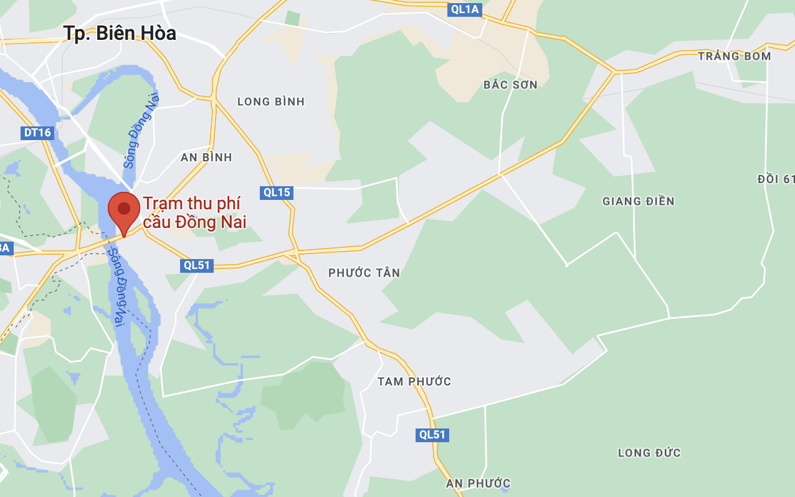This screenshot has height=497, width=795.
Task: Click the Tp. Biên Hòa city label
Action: pyautogui.click(x=120, y=33)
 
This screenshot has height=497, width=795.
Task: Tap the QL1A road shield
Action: pyautogui.click(x=465, y=9)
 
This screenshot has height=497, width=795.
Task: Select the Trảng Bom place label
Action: pyautogui.click(x=734, y=56)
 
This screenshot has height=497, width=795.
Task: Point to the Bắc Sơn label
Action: pyautogui.click(x=510, y=85)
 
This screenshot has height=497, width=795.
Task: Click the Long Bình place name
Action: pyautogui.click(x=271, y=102)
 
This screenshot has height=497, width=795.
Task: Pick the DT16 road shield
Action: pyautogui.click(x=37, y=133)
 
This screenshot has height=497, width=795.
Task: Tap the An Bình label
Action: pyautogui.click(x=206, y=158)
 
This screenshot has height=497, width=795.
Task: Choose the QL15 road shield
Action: pyautogui.click(x=277, y=192)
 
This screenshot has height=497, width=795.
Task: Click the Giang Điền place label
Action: pyautogui.click(x=639, y=201)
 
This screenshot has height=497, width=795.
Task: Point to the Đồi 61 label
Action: pyautogui.click(x=776, y=179)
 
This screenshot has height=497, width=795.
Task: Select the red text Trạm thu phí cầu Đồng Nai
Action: pyautogui.click(x=194, y=212)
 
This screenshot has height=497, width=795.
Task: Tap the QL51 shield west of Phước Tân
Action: pyautogui.click(x=197, y=265)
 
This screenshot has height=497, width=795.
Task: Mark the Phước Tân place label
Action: pyautogui.click(x=364, y=273)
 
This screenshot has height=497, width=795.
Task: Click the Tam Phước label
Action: pyautogui.click(x=414, y=381)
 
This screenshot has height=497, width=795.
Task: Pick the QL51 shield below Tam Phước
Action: pyautogui.click(x=432, y=435)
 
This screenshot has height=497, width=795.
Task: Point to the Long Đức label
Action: pyautogui.click(x=649, y=453)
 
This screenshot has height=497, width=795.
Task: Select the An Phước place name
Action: pyautogui.click(x=478, y=483)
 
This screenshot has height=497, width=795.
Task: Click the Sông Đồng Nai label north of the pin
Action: pyautogui.click(x=141, y=131)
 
